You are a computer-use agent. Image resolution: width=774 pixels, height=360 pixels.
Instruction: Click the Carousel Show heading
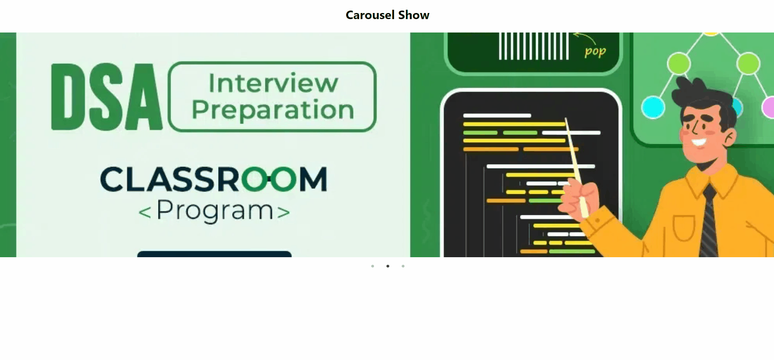tap(387, 15)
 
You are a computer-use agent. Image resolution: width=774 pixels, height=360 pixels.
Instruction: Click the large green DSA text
tap(106, 97)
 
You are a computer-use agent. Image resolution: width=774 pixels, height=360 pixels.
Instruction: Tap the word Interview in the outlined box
tap(273, 83)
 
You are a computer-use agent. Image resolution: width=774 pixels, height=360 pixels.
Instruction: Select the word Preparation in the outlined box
tap(273, 110)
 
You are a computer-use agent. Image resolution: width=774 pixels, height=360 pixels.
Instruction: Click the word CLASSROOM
tap(214, 179)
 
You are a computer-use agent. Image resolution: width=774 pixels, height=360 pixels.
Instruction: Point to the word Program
tap(215, 211)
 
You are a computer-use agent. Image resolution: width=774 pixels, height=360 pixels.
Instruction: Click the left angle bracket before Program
tap(145, 212)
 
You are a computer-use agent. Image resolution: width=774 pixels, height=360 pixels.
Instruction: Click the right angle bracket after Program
tap(284, 212)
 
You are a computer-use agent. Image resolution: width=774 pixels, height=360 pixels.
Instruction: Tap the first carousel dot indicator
tap(373, 266)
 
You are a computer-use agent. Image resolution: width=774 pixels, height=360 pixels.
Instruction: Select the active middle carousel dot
tap(388, 266)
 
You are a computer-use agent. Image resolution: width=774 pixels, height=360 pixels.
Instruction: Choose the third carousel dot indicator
tap(403, 266)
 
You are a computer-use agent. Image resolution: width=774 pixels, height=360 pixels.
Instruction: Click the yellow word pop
tap(595, 52)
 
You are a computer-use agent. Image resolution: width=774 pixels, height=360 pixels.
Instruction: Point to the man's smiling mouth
tap(699, 143)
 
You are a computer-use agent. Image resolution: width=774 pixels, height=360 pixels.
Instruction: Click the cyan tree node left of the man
tap(653, 107)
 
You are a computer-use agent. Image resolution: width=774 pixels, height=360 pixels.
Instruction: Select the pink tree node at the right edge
tap(768, 107)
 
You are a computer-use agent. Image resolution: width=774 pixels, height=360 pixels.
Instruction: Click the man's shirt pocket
tap(683, 228)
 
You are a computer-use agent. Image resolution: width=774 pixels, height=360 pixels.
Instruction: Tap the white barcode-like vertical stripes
tap(533, 46)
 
